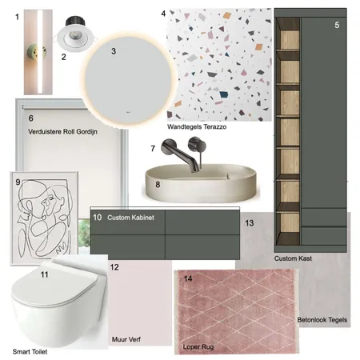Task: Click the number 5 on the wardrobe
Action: click(x=337, y=25)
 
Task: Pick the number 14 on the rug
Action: click(x=188, y=279)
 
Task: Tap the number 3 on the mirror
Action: click(x=114, y=51)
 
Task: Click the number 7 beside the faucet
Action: click(x=153, y=148)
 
